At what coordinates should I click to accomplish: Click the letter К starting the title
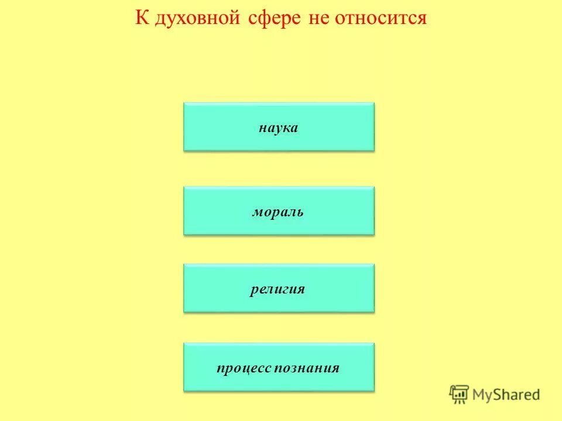pyautogui.click(x=141, y=18)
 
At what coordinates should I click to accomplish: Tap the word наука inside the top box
pyautogui.click(x=279, y=127)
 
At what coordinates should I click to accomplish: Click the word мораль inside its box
pyautogui.click(x=278, y=212)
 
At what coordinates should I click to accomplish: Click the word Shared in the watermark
pyautogui.click(x=518, y=394)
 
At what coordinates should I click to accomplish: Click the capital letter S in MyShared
pyautogui.click(x=501, y=394)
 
